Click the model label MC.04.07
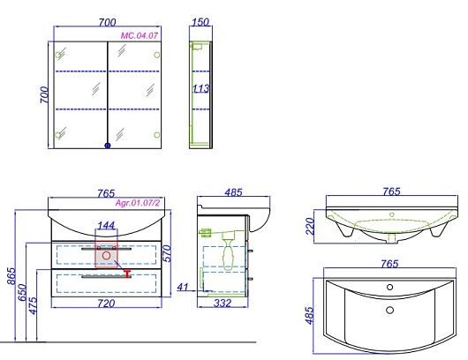point(140,36)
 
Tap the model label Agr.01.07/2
point(138,203)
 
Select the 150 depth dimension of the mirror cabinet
point(200,22)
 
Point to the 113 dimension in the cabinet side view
point(200,88)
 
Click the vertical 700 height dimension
point(44,94)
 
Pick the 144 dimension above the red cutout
point(106,225)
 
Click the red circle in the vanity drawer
point(106,256)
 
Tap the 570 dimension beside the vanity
point(168,253)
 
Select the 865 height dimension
point(11,276)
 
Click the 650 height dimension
point(22,293)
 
